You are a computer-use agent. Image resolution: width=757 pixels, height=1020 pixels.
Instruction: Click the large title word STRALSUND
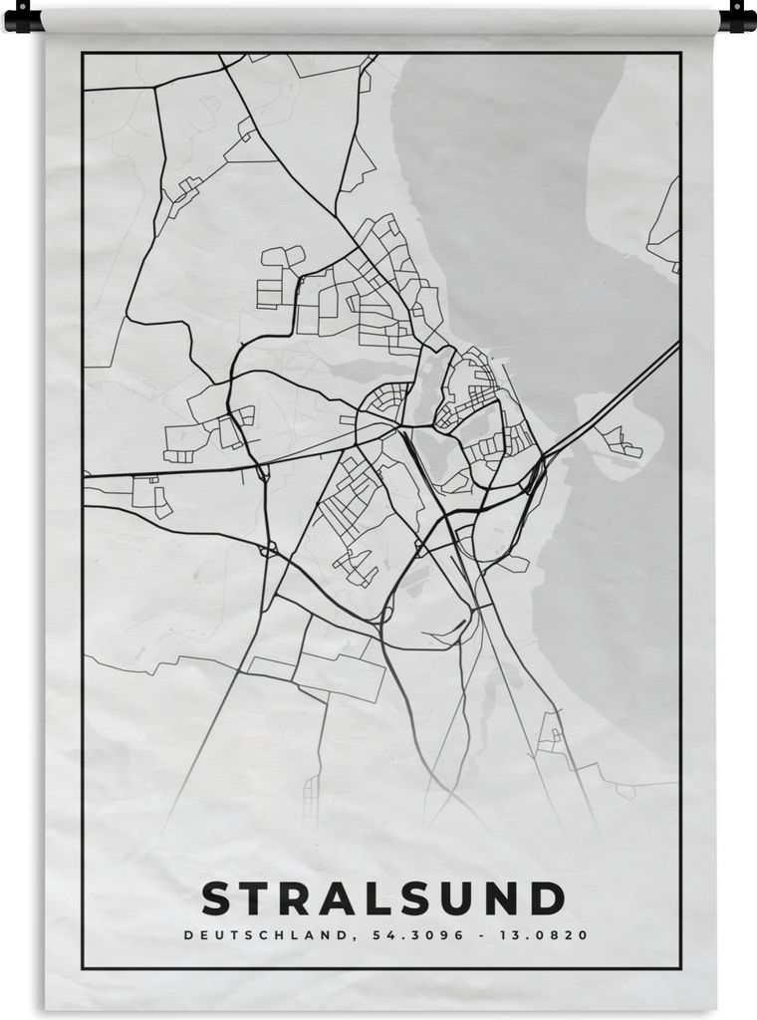pyautogui.click(x=383, y=898)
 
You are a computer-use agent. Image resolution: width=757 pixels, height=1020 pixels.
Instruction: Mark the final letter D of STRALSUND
pyautogui.click(x=547, y=898)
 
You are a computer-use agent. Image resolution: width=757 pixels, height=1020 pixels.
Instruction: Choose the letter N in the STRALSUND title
pyautogui.click(x=505, y=898)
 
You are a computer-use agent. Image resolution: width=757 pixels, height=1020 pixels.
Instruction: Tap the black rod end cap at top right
pyautogui.click(x=738, y=17)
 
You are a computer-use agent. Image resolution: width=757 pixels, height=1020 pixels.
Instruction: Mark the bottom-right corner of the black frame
pyautogui.click(x=680, y=967)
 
